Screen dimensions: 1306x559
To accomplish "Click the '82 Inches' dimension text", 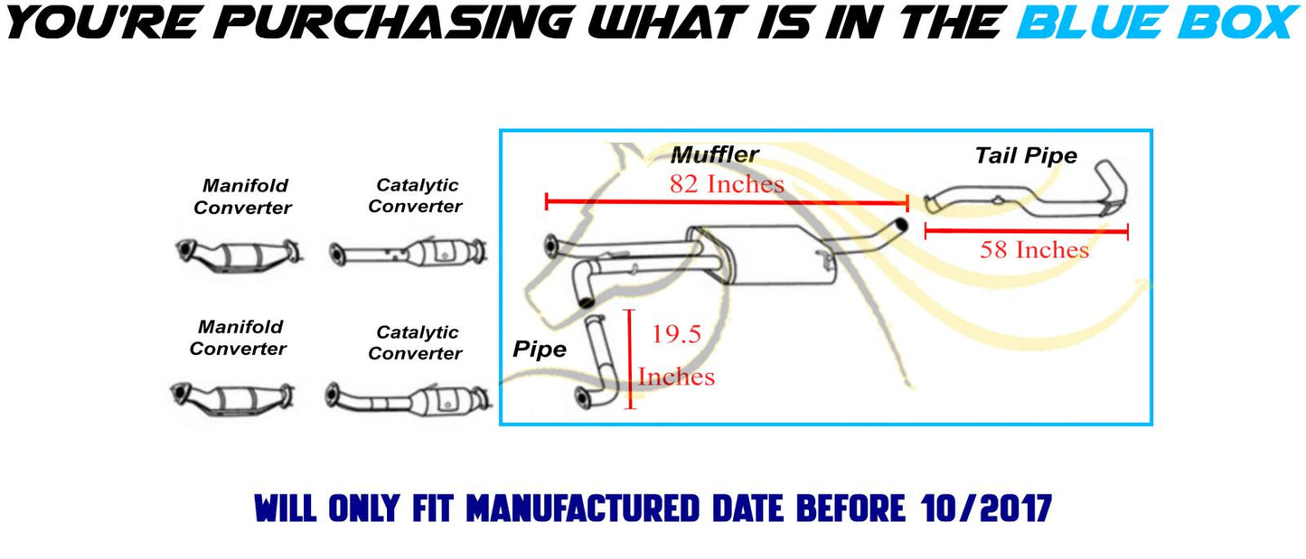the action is (x=727, y=184).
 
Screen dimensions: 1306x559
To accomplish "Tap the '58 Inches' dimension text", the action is (x=1034, y=250).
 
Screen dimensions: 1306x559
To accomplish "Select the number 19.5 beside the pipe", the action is (x=676, y=334).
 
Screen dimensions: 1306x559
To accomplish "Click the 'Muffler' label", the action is (x=715, y=155).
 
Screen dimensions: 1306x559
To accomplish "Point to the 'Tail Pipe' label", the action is (x=1026, y=156).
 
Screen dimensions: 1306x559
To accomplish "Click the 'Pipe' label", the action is (x=540, y=349).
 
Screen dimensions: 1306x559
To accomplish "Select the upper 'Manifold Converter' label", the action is (x=242, y=197).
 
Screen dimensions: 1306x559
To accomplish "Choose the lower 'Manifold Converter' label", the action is (x=238, y=338).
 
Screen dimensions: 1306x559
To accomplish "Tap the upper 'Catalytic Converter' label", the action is (x=415, y=196).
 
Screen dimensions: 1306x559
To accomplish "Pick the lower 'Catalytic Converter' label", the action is (x=415, y=343).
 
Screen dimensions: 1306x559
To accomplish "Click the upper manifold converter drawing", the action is (x=238, y=255).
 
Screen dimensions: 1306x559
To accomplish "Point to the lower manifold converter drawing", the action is (x=232, y=399).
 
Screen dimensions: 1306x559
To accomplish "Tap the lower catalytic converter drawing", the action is (x=409, y=399).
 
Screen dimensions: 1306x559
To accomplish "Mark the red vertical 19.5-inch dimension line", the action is (x=629, y=359).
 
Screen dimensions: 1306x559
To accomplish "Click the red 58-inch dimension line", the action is (x=1027, y=231).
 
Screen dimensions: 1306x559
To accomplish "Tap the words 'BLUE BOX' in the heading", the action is (x=1158, y=22).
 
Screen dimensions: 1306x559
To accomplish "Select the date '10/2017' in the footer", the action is (x=986, y=508).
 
